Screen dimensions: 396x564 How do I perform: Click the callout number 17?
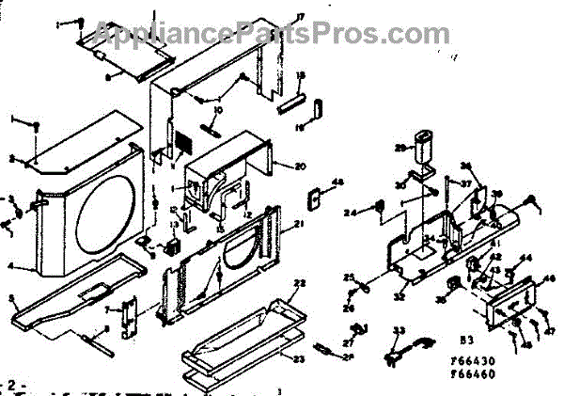point(274,17)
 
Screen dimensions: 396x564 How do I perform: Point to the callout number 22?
point(301,283)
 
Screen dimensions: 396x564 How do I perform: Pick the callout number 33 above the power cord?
point(398,330)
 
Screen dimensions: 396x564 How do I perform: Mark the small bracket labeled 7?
point(131,308)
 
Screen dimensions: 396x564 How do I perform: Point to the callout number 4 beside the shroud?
point(11,266)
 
